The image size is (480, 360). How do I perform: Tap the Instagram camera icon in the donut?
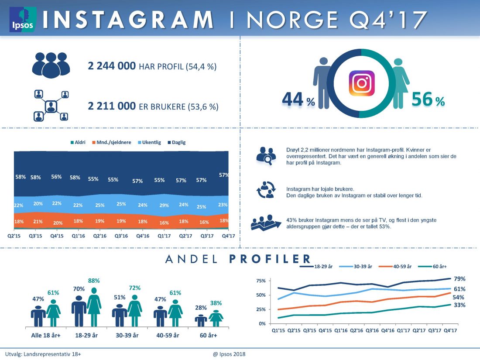tap(361, 83)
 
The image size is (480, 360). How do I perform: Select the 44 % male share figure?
tap(298, 100)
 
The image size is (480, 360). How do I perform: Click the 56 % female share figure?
tap(428, 100)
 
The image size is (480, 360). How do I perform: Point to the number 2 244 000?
tap(112, 66)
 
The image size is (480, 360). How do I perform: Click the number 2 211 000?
tap(112, 106)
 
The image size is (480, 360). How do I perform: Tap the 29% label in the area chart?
tap(164, 205)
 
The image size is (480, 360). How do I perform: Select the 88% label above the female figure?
tap(94, 281)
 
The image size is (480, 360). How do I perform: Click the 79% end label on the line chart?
tap(459, 279)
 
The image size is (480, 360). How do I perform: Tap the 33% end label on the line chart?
tap(459, 305)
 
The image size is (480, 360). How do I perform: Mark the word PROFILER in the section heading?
tap(270, 259)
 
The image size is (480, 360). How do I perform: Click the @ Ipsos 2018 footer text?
tap(230, 354)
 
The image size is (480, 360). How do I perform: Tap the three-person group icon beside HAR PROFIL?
tap(51, 65)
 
